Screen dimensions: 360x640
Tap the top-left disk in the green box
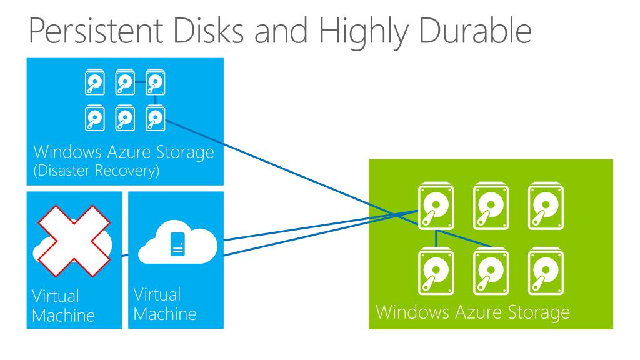(435, 206)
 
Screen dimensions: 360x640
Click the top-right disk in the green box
(542, 206)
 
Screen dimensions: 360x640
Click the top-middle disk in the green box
(489, 206)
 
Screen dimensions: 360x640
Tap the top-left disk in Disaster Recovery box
(94, 82)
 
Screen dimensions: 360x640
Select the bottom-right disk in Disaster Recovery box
(155, 116)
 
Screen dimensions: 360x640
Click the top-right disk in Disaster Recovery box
(155, 82)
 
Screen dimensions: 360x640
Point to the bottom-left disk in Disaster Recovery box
(94, 116)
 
